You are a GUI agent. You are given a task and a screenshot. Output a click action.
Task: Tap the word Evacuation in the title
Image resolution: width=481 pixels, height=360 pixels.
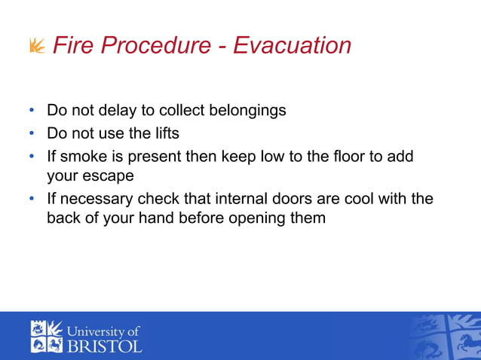292,45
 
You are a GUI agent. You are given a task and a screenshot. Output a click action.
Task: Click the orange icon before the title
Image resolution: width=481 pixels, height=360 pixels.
36,47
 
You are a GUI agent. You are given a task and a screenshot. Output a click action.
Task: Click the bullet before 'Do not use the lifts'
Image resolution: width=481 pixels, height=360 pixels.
32,133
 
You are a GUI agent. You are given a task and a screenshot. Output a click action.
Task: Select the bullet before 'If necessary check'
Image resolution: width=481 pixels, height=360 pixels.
32,199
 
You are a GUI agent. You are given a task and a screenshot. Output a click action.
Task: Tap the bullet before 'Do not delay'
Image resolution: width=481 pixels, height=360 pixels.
32,110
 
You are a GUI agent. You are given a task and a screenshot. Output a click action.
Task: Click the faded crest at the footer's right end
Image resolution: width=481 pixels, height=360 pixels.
444,336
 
